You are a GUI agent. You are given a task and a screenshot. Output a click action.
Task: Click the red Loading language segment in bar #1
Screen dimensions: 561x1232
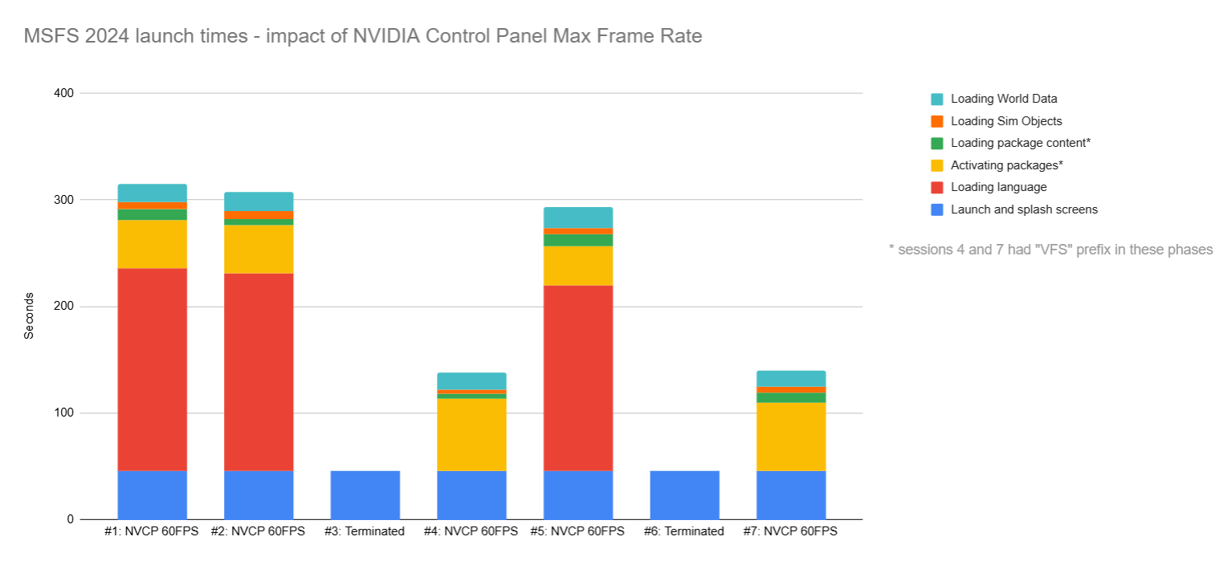[x=152, y=369]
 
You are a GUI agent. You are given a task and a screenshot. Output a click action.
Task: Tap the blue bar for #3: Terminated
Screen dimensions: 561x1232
[x=365, y=494]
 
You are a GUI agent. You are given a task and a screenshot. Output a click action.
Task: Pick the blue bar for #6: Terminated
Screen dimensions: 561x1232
[x=684, y=494]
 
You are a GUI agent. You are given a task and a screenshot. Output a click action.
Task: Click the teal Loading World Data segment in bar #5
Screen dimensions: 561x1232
[x=578, y=217]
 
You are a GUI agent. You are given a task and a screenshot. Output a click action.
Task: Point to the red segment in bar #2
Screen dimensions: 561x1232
[x=259, y=372]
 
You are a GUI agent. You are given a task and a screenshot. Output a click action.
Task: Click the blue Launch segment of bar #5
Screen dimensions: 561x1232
[x=578, y=494]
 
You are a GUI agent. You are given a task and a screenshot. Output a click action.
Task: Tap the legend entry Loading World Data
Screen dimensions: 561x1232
[x=1003, y=99]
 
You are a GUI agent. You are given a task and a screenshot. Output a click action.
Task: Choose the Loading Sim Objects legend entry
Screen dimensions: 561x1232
[x=1006, y=121]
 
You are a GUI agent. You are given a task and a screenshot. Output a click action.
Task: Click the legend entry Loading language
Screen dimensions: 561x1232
[x=998, y=187]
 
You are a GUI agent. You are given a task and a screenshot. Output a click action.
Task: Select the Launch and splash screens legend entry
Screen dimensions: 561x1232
[x=1023, y=209]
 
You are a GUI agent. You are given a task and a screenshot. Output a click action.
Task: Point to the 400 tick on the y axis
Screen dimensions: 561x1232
[x=64, y=93]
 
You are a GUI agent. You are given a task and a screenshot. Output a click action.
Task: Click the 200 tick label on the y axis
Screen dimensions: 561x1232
[x=64, y=307]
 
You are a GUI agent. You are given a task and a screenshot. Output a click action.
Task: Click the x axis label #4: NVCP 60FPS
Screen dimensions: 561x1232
[x=471, y=531]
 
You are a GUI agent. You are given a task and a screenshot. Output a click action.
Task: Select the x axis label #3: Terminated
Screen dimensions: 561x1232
[x=364, y=531]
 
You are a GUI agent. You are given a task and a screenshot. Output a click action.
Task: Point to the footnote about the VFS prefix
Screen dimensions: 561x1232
[x=1050, y=250]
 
